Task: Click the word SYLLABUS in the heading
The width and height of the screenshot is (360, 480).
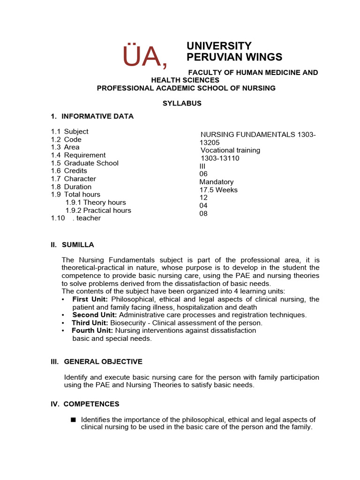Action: pyautogui.click(x=182, y=103)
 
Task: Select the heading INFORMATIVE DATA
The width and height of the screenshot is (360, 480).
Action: pyautogui.click(x=97, y=116)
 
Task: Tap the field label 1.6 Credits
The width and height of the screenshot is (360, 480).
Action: pyautogui.click(x=69, y=171)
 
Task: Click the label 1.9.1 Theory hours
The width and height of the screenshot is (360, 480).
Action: pyautogui.click(x=96, y=202)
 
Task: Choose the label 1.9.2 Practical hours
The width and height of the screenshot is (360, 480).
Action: pyautogui.click(x=98, y=210)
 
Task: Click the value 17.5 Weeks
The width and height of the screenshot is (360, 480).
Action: pyautogui.click(x=218, y=190)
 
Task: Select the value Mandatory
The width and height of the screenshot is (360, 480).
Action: pyautogui.click(x=217, y=182)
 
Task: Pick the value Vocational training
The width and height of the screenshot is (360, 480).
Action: pyautogui.click(x=230, y=150)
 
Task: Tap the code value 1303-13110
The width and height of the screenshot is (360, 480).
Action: pyautogui.click(x=220, y=158)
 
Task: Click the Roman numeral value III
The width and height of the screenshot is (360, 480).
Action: pyautogui.click(x=202, y=166)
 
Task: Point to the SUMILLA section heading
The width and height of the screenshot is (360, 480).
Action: pyautogui.click(x=72, y=245)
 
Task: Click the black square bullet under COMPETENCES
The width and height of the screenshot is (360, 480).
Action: pyautogui.click(x=73, y=420)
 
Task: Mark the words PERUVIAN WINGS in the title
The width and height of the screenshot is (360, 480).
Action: pyautogui.click(x=234, y=57)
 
